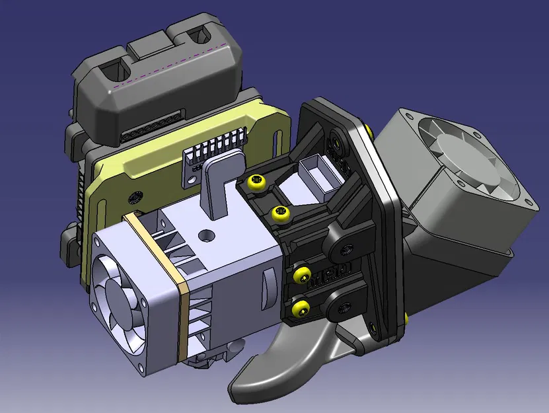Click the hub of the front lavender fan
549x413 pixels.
(120, 297)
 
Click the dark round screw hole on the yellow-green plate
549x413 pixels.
(137, 197)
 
